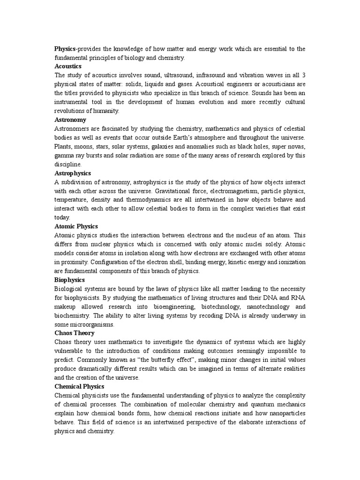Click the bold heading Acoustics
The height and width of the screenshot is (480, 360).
tap(68, 66)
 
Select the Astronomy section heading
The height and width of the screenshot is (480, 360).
tap(70, 120)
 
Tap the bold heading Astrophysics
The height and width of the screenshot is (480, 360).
tap(73, 173)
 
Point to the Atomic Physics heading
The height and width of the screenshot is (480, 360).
tap(76, 226)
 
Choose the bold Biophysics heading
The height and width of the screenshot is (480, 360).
tap(69, 279)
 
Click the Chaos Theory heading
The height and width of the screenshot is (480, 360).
tap(75, 333)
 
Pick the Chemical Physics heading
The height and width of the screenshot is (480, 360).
tap(79, 386)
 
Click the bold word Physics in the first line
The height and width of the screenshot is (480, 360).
tap(65, 49)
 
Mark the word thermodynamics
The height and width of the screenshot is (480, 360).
tap(142, 200)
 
